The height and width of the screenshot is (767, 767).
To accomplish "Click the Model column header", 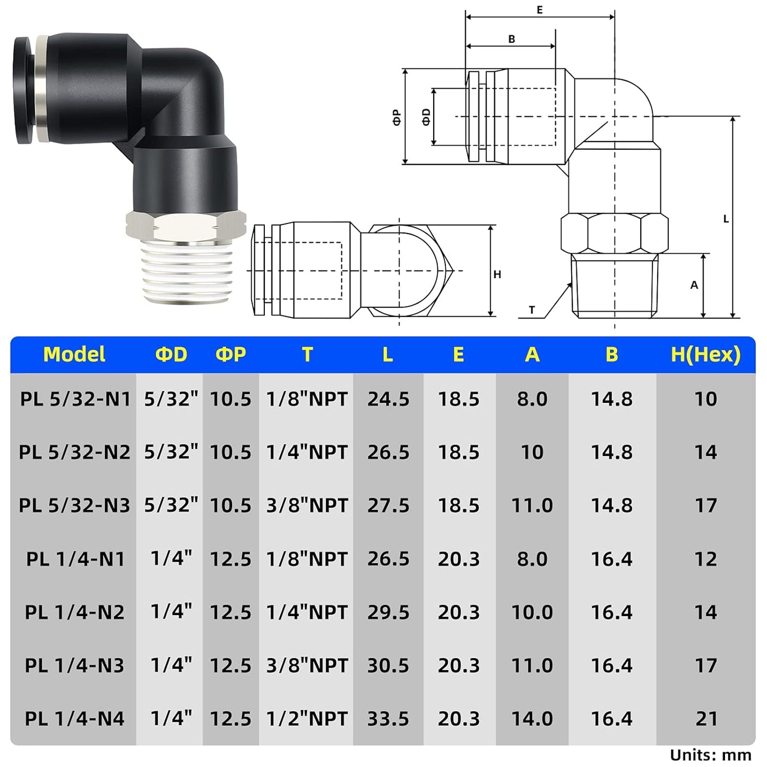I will [74, 355].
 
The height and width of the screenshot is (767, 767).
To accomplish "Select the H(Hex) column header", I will [705, 355].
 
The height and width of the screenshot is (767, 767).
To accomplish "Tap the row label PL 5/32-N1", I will [75, 399].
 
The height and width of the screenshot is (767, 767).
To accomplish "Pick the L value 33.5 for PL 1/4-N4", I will [388, 719].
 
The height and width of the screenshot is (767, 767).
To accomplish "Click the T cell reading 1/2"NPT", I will [307, 719].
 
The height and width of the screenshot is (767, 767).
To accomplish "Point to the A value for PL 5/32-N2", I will [532, 452].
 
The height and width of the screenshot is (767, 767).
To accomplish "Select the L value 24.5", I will [388, 399].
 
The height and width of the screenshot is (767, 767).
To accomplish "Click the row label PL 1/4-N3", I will [74, 666].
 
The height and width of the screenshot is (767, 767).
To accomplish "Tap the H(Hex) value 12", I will [705, 559].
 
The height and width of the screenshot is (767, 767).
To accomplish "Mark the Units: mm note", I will [710, 755].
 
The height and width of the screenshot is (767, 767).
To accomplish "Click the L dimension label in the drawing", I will [726, 219].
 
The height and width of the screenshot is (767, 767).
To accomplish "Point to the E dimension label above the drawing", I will [540, 10].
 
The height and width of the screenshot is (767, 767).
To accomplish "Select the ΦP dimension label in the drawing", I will [397, 117].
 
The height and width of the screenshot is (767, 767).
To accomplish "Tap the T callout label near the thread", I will [532, 310].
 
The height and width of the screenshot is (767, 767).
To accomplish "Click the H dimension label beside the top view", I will [497, 274].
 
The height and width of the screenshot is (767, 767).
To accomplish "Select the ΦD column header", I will [171, 355].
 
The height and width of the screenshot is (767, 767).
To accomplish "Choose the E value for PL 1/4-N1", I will [459, 559].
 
